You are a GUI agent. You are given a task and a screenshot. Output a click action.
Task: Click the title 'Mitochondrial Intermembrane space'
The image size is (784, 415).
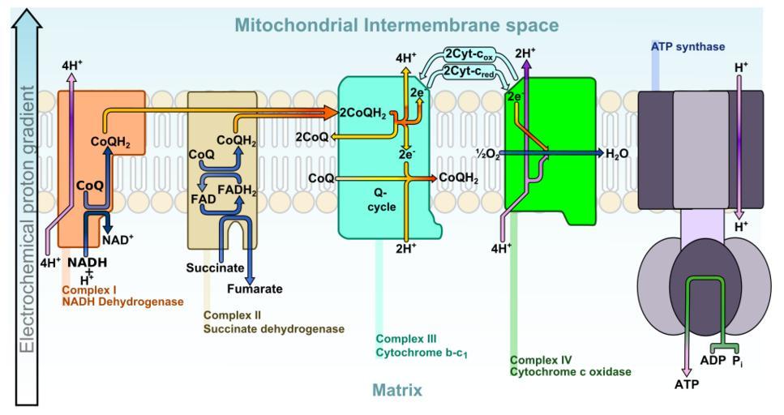click(x=396, y=25)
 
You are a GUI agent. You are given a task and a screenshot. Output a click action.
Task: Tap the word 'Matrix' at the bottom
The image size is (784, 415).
click(x=396, y=391)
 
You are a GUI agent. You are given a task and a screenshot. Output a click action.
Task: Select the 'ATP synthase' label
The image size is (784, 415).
click(x=688, y=47)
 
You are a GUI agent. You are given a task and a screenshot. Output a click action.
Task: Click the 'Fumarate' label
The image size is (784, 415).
click(x=255, y=288)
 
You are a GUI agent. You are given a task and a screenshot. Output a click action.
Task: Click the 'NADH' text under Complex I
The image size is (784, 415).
click(x=87, y=262)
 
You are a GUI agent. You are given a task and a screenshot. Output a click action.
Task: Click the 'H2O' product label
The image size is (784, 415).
click(x=619, y=153)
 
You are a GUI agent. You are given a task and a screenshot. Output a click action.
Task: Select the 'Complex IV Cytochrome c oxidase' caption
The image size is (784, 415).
click(x=570, y=365)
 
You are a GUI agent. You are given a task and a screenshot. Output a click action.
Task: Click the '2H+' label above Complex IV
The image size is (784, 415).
click(x=525, y=54)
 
